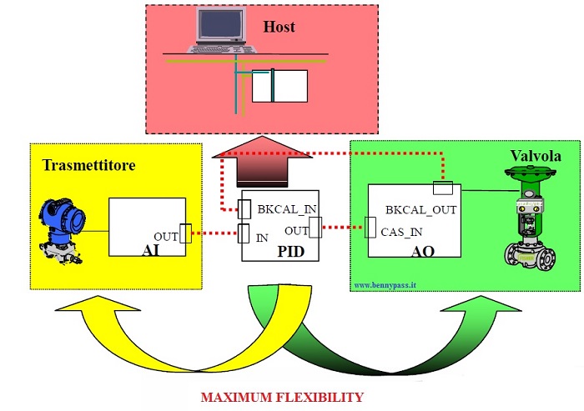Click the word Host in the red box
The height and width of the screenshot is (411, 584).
click(279, 28)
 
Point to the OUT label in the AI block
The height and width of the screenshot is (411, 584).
click(166, 236)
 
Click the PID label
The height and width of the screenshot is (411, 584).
click(279, 251)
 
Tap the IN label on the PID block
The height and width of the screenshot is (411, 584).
click(262, 237)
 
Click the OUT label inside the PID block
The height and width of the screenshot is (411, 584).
click(295, 229)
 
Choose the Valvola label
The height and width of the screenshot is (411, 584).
click(534, 157)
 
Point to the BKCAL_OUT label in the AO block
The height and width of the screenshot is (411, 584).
click(421, 210)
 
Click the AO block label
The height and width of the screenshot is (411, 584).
click(424, 250)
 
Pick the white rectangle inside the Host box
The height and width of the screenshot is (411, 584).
click(280, 86)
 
